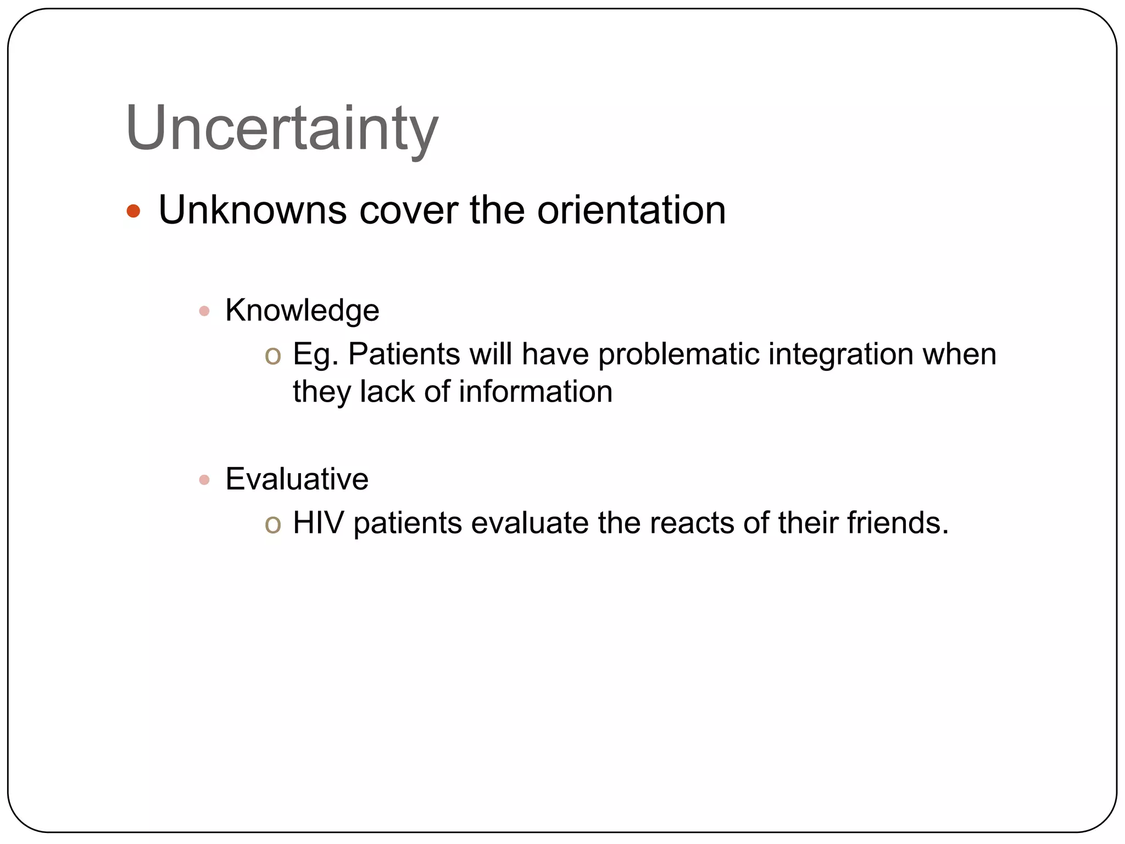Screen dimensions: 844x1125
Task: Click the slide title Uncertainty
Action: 281,129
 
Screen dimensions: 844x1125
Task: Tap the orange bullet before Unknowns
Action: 133,211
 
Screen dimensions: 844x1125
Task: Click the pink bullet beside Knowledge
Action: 204,312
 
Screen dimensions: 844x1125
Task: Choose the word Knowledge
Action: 302,311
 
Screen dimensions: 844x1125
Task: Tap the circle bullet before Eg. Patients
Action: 272,355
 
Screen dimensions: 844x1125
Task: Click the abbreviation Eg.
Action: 315,354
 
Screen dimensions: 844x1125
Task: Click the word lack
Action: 387,392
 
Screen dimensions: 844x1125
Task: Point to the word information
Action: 535,392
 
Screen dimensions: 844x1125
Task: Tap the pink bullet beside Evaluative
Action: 204,480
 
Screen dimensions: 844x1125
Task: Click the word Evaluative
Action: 297,479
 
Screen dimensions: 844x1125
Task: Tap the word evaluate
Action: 530,523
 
